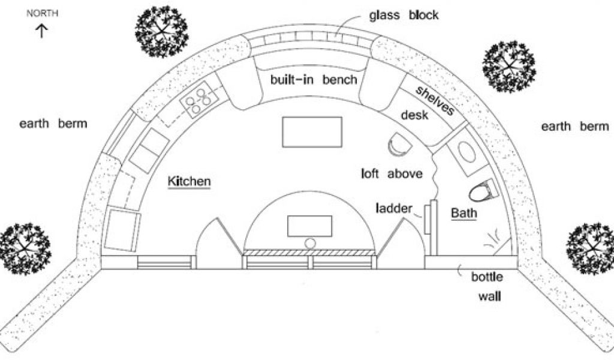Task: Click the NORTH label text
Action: coord(42,13)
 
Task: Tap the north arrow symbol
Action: coord(42,30)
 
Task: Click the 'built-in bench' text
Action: coord(314,79)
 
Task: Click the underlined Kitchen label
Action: coord(189,181)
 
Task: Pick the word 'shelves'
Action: coord(435,100)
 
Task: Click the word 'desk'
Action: coord(414,115)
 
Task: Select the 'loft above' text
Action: coord(392,174)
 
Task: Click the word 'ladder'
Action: coord(394,209)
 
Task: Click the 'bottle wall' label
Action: coord(487,286)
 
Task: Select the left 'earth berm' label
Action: coord(53,124)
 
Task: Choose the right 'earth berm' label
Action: coord(575,127)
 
